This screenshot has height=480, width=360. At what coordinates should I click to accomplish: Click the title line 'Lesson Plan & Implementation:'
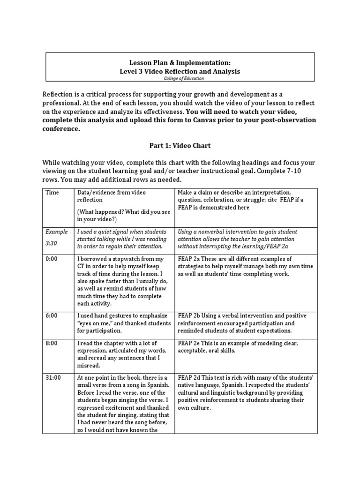[180, 62]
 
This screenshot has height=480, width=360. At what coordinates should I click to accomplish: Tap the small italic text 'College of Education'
[180, 78]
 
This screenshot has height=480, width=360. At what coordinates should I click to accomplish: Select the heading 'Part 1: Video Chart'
[180, 146]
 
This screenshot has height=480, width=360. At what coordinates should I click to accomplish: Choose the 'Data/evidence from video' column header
[111, 193]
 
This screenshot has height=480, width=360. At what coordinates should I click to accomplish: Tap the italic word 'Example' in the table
[56, 232]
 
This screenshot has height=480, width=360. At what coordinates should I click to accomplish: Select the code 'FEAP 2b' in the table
[189, 315]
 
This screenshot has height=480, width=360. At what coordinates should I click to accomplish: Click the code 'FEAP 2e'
[189, 343]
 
